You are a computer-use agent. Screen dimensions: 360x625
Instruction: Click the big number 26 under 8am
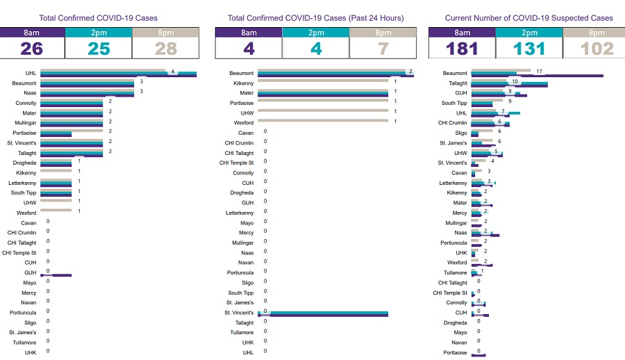(x=32, y=49)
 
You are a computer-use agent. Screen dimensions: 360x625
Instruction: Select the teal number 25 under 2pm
(x=98, y=49)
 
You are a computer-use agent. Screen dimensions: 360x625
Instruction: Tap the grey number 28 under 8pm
(x=165, y=49)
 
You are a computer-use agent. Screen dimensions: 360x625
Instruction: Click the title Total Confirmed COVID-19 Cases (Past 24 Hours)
(x=315, y=17)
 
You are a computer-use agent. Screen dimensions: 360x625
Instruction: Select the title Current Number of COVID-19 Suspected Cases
(x=529, y=17)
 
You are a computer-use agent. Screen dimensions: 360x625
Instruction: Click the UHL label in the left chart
(x=31, y=73)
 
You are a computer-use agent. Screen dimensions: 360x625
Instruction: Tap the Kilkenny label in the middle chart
(x=243, y=83)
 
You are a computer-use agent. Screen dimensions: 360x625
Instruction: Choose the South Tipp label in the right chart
(x=454, y=103)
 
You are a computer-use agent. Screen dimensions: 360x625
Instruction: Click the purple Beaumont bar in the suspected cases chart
(x=537, y=76)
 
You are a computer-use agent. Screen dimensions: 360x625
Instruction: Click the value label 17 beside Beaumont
(x=539, y=71)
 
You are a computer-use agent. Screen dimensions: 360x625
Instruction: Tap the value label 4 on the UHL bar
(x=172, y=71)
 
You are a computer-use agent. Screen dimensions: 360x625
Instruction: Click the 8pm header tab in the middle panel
(x=383, y=33)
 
